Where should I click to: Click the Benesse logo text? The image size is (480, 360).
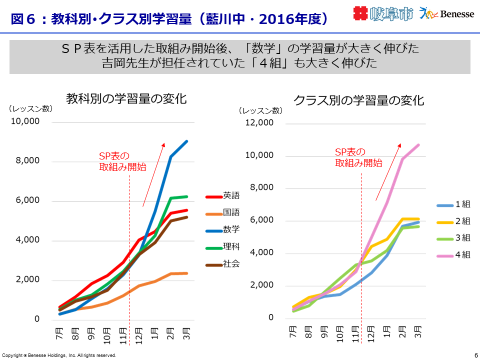tap(457, 14)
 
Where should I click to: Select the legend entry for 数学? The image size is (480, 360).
tap(223, 229)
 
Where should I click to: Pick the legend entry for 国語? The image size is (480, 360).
tap(223, 212)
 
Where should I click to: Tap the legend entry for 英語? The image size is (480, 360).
tap(223, 195)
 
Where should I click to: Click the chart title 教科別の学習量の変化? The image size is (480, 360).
tap(126, 99)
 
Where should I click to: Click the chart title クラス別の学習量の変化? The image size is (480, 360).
tap(358, 100)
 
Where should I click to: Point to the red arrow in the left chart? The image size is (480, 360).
tap(153, 174)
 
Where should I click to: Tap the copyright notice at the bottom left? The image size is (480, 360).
tap(59, 355)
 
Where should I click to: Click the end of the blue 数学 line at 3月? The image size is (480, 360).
tap(187, 141)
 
